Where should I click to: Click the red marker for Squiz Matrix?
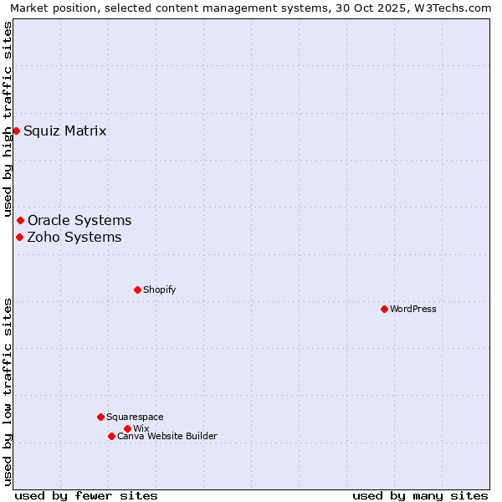click(16, 131)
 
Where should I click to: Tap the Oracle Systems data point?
click(21, 220)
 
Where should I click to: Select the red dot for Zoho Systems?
click(19, 237)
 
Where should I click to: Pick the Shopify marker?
click(137, 289)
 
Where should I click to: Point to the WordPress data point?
click(384, 309)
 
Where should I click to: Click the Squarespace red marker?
click(100, 417)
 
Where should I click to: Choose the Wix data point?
click(127, 428)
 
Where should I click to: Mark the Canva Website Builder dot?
click(111, 436)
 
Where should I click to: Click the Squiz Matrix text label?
click(65, 131)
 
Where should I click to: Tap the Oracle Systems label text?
click(79, 220)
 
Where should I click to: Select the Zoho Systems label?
click(74, 237)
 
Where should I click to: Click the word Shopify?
click(160, 289)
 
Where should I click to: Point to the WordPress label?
click(413, 309)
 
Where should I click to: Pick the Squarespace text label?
click(135, 417)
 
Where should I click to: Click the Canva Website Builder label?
click(167, 436)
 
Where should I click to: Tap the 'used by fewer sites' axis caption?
click(86, 495)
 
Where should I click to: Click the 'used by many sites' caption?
click(420, 495)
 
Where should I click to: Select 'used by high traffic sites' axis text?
click(8, 119)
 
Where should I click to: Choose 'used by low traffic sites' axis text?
click(8, 392)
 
